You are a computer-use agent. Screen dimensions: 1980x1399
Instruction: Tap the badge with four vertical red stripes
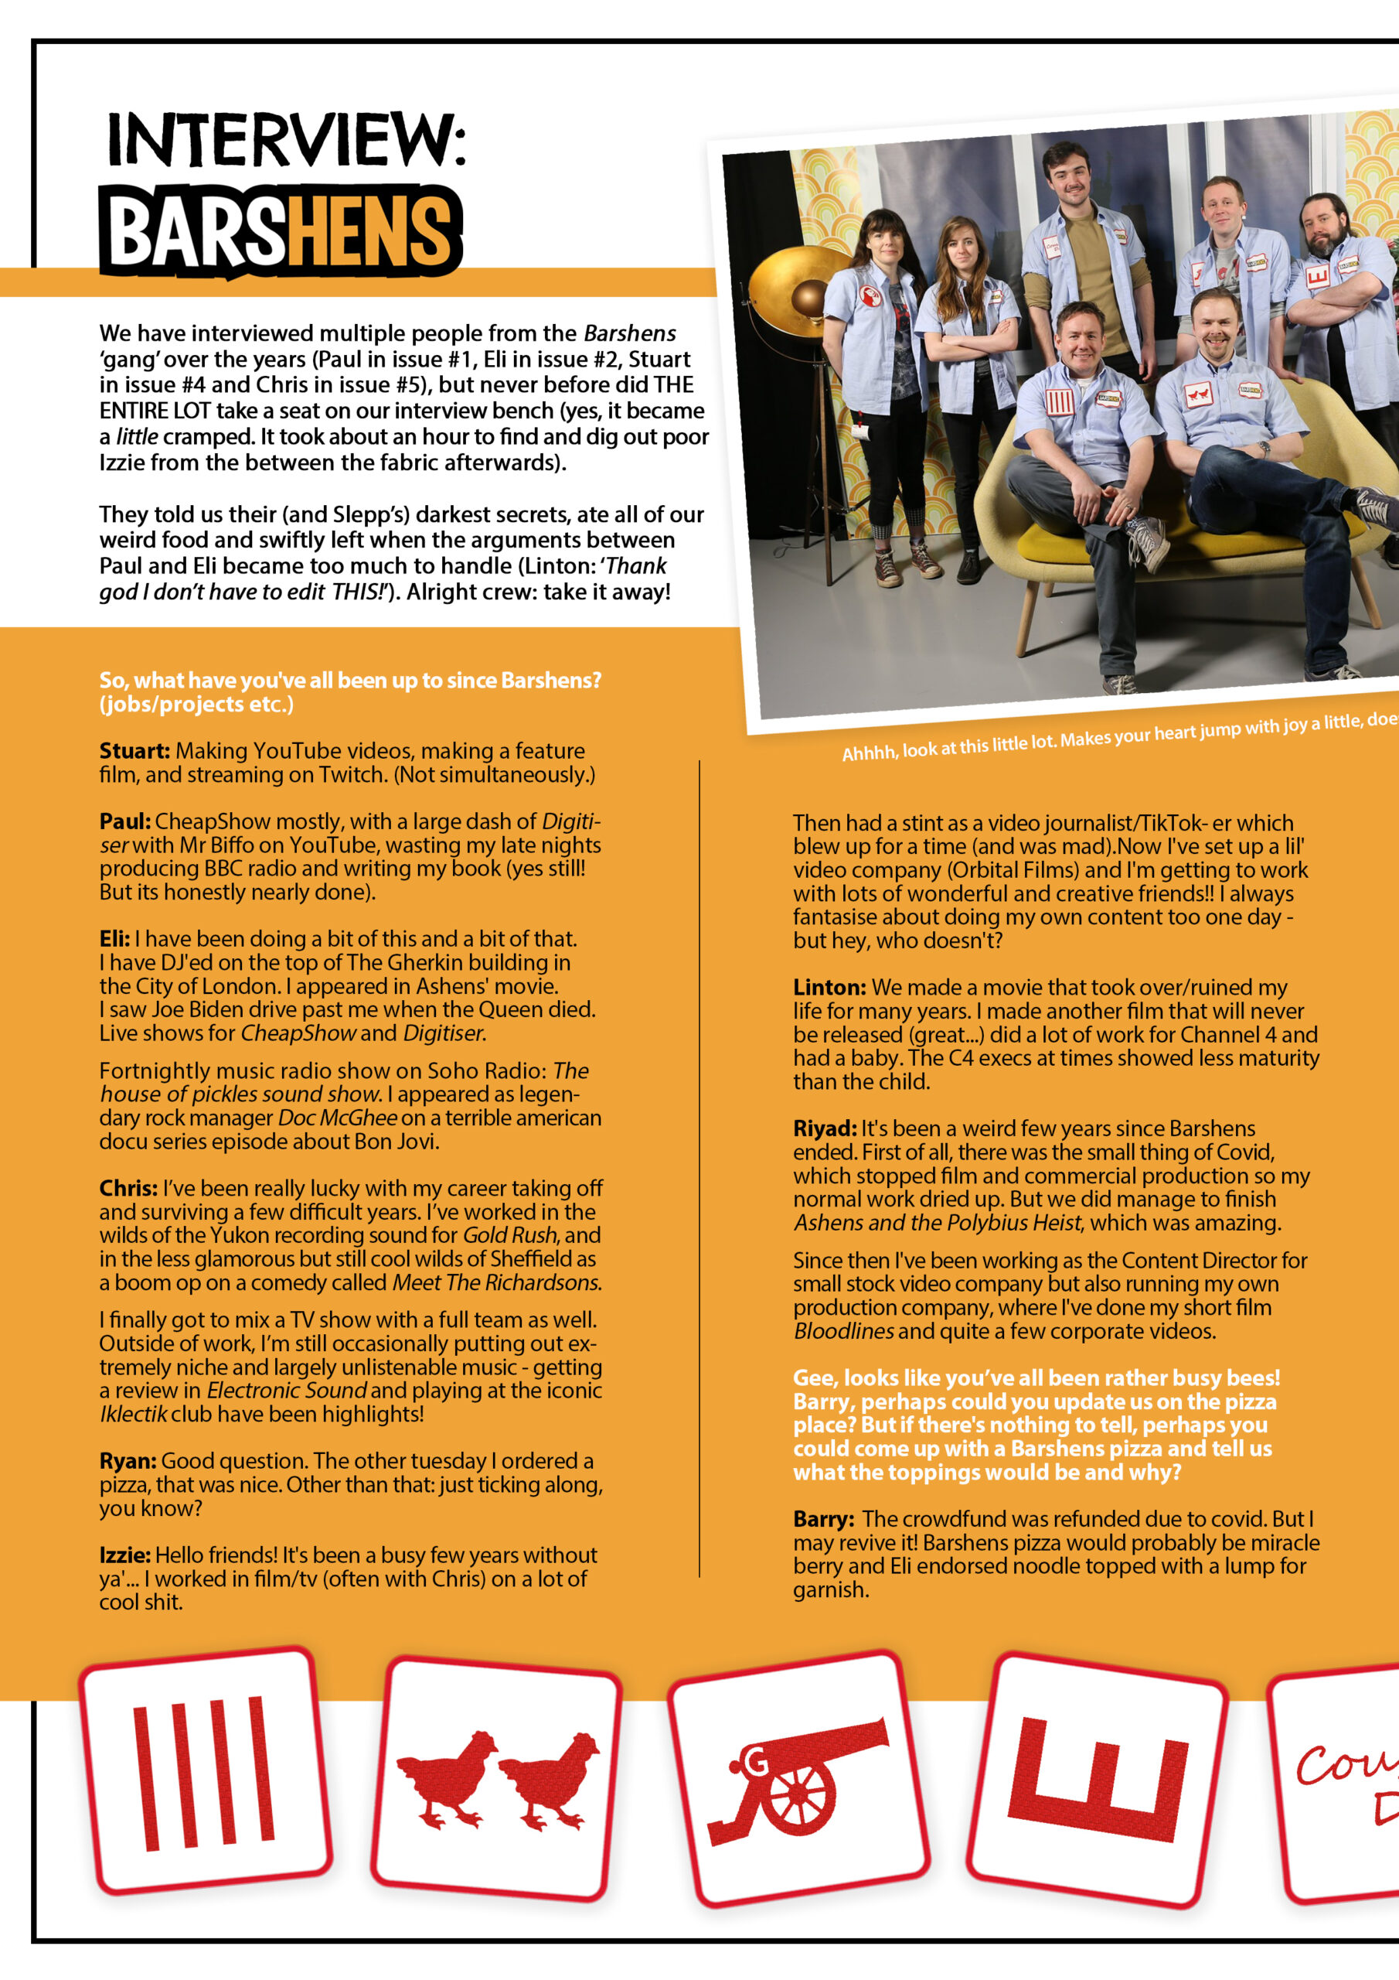click(x=205, y=1771)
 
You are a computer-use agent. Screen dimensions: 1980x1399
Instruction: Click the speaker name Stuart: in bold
click(x=134, y=751)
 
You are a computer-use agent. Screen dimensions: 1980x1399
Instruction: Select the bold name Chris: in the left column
click(x=128, y=1188)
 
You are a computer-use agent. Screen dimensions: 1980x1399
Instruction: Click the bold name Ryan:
click(x=128, y=1461)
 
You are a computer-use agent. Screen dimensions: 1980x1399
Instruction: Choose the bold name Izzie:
click(x=125, y=1555)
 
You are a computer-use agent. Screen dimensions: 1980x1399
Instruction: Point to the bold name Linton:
click(x=829, y=988)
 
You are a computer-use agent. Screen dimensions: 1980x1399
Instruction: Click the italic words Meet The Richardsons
click(x=495, y=1282)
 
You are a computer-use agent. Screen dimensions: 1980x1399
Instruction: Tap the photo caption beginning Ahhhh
click(x=1112, y=736)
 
